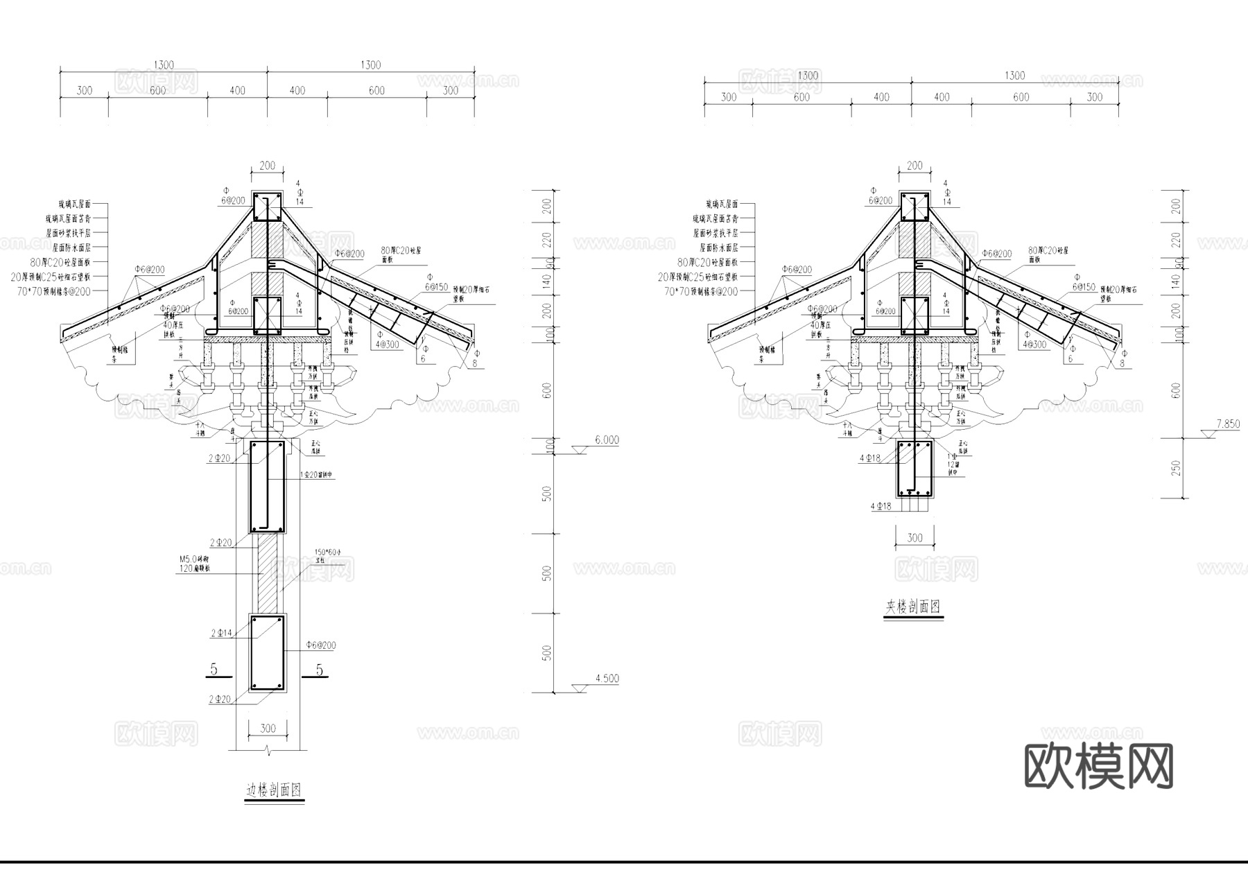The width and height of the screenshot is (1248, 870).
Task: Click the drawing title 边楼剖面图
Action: point(274,790)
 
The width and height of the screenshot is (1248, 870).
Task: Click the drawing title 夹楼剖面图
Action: point(912,607)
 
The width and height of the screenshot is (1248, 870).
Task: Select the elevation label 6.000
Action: point(607,440)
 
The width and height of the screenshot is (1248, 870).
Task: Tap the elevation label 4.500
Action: point(607,679)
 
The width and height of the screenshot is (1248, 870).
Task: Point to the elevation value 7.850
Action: point(1227,424)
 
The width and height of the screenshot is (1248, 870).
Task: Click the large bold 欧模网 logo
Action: point(1099,766)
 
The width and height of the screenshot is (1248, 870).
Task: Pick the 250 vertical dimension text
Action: point(1176,469)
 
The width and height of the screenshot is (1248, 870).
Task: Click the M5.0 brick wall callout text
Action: point(194,563)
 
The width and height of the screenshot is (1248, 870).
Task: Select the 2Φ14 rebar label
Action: point(221,633)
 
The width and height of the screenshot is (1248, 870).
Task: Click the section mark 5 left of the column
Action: point(214,669)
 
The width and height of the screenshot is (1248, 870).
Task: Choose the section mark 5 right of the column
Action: point(319,669)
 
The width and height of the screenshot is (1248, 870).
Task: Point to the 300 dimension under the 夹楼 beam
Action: point(915,538)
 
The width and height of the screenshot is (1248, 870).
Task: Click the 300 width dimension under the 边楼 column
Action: point(267,728)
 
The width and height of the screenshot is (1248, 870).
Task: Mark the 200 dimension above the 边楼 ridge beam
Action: point(267,166)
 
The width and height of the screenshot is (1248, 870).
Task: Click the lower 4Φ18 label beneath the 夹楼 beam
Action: point(881,506)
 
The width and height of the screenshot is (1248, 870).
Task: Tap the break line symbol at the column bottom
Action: point(268,751)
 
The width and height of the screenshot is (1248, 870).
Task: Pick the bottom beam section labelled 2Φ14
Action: point(268,653)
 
